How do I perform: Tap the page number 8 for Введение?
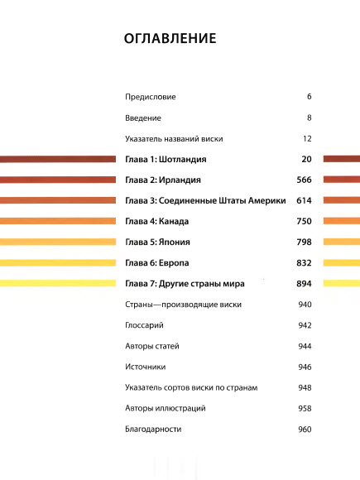[x=308, y=118]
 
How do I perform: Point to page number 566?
[x=303, y=180]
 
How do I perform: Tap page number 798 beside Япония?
[x=303, y=242]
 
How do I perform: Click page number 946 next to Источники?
[x=303, y=367]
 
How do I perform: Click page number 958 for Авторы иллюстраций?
[x=303, y=409]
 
